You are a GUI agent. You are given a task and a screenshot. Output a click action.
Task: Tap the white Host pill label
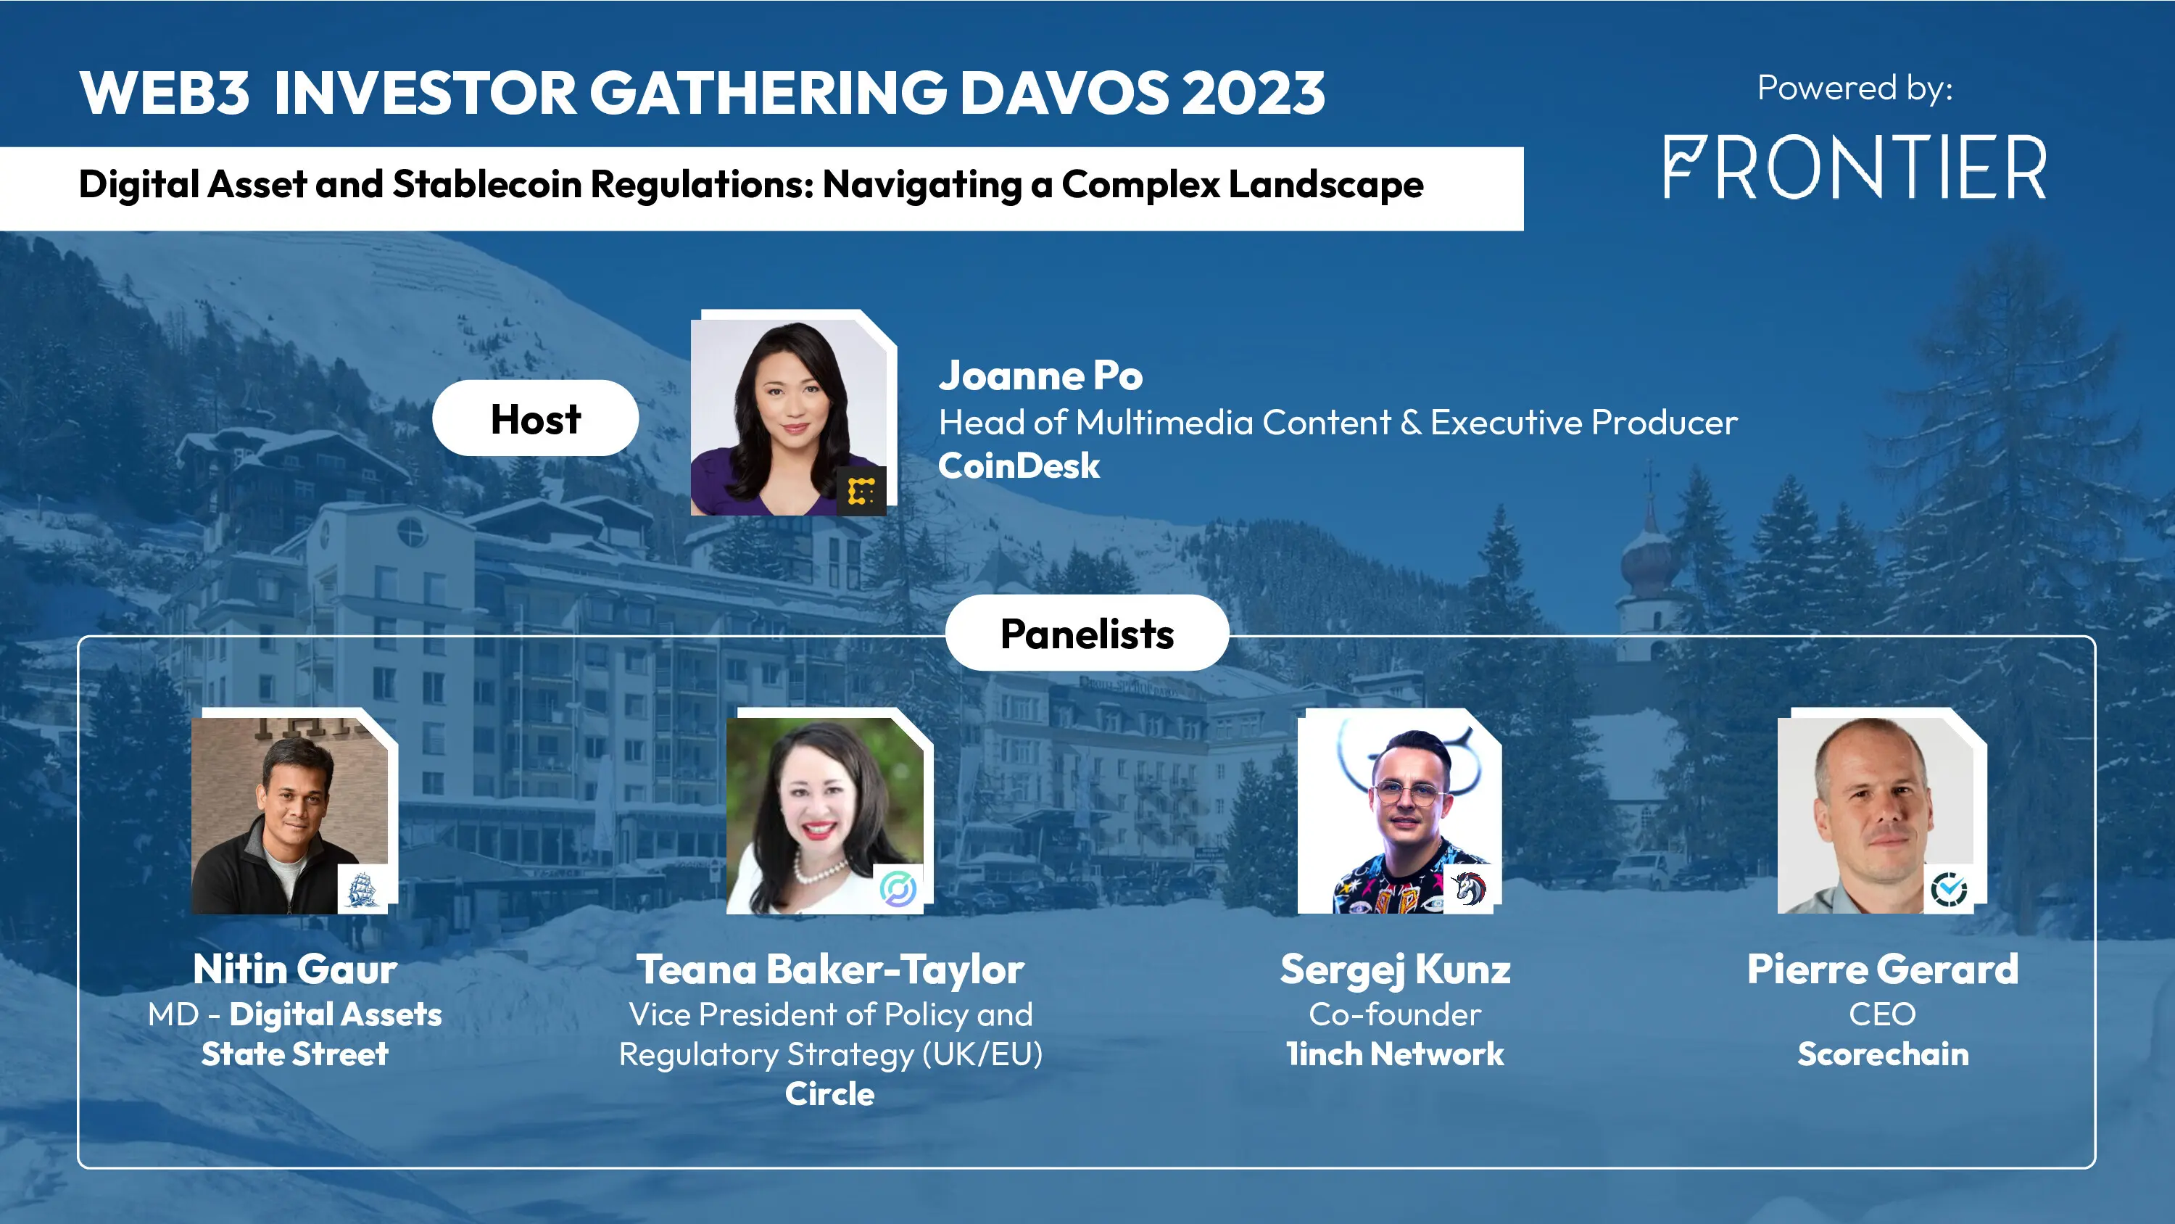535,418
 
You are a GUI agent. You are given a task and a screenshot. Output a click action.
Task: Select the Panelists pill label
1087,634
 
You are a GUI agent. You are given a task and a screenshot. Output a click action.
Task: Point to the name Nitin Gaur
294,969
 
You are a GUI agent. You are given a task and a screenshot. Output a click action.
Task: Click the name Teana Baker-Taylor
830,969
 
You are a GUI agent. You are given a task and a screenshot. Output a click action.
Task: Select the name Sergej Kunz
1395,969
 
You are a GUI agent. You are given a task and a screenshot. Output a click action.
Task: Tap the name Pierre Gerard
1882,969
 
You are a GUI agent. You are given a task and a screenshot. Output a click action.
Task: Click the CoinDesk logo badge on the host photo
861,491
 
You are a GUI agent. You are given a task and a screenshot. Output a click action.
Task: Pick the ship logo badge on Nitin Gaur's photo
362,889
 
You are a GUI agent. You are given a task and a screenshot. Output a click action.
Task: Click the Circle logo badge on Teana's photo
898,889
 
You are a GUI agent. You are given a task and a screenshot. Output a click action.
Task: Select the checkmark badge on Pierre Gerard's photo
1949,889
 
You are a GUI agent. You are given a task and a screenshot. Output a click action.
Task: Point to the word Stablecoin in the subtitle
487,184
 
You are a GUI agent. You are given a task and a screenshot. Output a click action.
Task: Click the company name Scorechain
1882,1054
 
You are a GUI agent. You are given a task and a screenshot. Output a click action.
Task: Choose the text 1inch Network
1395,1054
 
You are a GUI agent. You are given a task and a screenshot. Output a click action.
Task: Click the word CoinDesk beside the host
1019,466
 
